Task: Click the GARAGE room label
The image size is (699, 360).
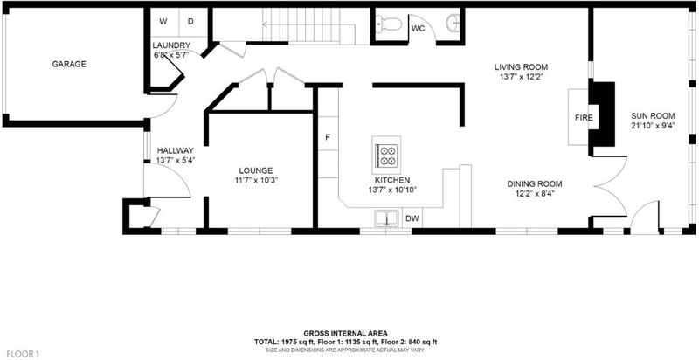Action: coord(69,64)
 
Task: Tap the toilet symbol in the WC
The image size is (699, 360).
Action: coord(389,24)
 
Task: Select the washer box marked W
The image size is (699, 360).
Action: coord(164,21)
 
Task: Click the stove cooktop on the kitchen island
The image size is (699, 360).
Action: coord(386,155)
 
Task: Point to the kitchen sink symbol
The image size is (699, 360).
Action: coord(387,218)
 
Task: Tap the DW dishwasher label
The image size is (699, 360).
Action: coord(412,218)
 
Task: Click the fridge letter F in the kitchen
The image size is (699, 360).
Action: coord(327,137)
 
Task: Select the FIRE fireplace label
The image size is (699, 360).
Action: coord(584,118)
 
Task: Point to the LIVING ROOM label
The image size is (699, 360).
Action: coord(521,67)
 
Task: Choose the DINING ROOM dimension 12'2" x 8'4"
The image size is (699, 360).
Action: coord(535,193)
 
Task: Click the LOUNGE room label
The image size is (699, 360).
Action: coord(255,170)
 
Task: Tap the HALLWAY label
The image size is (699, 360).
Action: coord(176,150)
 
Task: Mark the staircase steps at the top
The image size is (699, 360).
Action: coord(308,26)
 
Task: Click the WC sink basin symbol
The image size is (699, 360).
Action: coord(453,20)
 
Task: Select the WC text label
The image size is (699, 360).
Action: coord(418,29)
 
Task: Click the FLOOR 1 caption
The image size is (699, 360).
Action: coord(24,354)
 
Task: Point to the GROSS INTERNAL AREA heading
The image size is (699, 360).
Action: coord(345,333)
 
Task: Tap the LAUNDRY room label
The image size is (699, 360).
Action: coord(171,45)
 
